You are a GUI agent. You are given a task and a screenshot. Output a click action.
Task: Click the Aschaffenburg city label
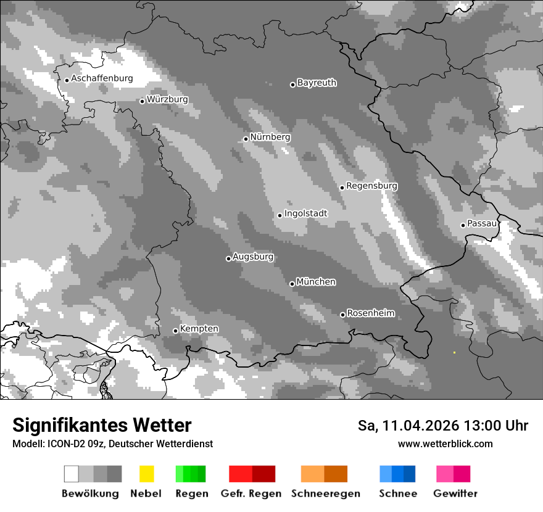(102, 79)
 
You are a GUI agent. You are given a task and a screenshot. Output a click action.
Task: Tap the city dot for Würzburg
(142, 101)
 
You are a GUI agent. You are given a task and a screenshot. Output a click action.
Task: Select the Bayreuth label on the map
(317, 83)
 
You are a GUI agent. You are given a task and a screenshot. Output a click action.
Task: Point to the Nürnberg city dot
(246, 139)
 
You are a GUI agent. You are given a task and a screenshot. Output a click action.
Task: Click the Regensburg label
(371, 186)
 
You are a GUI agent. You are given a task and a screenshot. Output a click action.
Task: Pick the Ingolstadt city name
(305, 213)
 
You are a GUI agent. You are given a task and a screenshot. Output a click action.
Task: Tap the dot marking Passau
(463, 225)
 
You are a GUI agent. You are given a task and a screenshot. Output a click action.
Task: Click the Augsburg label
(253, 257)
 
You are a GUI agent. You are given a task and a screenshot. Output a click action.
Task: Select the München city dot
(292, 284)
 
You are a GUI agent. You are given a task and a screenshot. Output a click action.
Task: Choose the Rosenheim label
(370, 313)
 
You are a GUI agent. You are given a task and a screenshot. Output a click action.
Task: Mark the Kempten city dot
(175, 331)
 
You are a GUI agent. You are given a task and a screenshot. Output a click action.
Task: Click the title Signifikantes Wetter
(102, 426)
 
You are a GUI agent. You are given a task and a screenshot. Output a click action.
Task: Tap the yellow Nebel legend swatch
(146, 474)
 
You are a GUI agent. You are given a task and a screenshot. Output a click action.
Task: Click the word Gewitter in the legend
(455, 493)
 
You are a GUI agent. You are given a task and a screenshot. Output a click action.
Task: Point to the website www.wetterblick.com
(445, 444)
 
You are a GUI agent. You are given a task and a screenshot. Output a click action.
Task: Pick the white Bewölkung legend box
(72, 474)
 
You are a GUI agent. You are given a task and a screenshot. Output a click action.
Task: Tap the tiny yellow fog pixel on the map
(454, 352)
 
